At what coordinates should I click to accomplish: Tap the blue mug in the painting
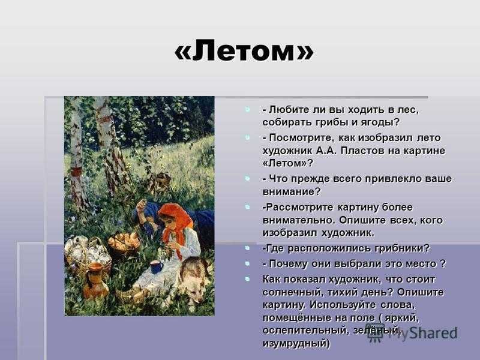[x=157, y=267]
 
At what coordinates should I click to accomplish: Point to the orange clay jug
[x=95, y=280]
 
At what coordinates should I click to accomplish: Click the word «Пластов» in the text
[x=370, y=151]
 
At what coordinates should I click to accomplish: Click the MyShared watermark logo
[x=412, y=333]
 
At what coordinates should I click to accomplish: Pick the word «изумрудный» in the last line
[x=296, y=343]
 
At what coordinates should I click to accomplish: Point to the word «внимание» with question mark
[x=292, y=191]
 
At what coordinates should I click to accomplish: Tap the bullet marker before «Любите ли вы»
[x=247, y=109]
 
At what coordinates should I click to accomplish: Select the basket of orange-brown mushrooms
[x=124, y=242]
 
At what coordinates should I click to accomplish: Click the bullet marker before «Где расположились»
[x=247, y=248]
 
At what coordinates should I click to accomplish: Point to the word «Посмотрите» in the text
[x=301, y=138]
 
